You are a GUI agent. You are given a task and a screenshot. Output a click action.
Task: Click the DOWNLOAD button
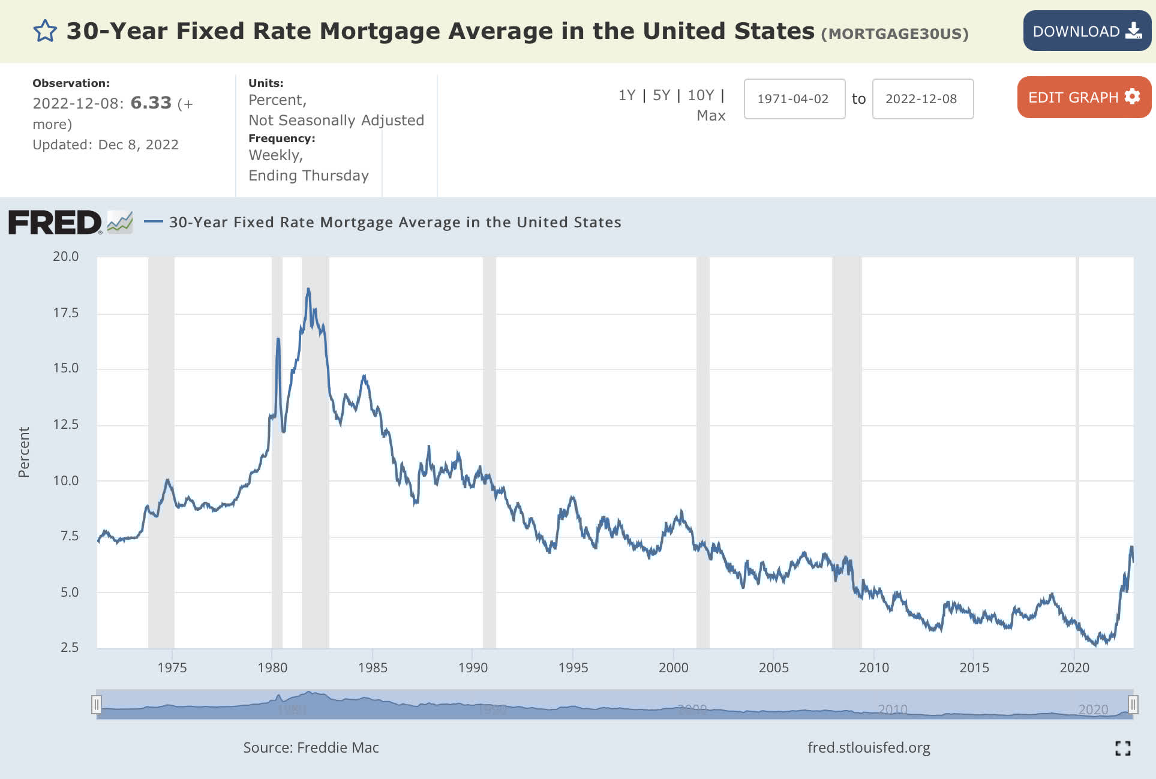pyautogui.click(x=1086, y=31)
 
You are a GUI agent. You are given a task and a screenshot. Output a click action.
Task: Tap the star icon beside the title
pyautogui.click(x=45, y=31)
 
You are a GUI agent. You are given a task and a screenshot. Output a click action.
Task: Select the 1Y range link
pyautogui.click(x=626, y=95)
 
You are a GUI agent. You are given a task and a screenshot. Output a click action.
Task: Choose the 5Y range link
pyautogui.click(x=661, y=95)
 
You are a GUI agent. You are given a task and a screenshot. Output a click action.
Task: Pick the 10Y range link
pyautogui.click(x=700, y=95)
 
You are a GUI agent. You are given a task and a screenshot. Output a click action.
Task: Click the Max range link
pyautogui.click(x=711, y=116)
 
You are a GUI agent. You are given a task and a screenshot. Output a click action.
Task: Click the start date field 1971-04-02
pyautogui.click(x=794, y=99)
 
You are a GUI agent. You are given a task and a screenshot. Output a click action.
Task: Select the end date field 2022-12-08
pyautogui.click(x=922, y=99)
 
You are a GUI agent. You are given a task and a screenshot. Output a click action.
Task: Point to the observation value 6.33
pyautogui.click(x=151, y=103)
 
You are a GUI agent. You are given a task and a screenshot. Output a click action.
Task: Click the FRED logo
pyautogui.click(x=55, y=222)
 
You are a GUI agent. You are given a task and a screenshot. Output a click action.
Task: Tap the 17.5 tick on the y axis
pyautogui.click(x=66, y=312)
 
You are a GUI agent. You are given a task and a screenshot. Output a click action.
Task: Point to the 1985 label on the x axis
pyautogui.click(x=373, y=667)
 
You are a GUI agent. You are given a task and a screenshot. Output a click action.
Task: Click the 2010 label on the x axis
pyautogui.click(x=873, y=667)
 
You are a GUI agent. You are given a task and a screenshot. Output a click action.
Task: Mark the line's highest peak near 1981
pyautogui.click(x=308, y=289)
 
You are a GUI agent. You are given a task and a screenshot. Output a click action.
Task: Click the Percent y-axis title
pyautogui.click(x=24, y=452)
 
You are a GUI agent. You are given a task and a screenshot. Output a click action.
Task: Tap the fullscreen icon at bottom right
pyautogui.click(x=1122, y=748)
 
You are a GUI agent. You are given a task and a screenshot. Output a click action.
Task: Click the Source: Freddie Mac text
pyautogui.click(x=311, y=747)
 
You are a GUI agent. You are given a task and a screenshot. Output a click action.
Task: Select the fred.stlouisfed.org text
pyautogui.click(x=869, y=747)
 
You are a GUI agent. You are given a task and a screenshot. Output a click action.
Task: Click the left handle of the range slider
pyautogui.click(x=97, y=704)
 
